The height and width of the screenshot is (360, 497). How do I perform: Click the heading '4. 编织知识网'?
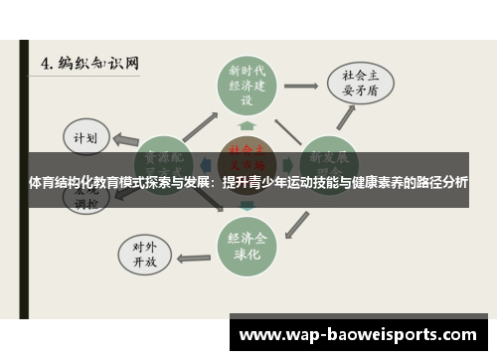(90, 62)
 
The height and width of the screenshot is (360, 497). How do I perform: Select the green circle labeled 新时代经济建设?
(248, 86)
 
